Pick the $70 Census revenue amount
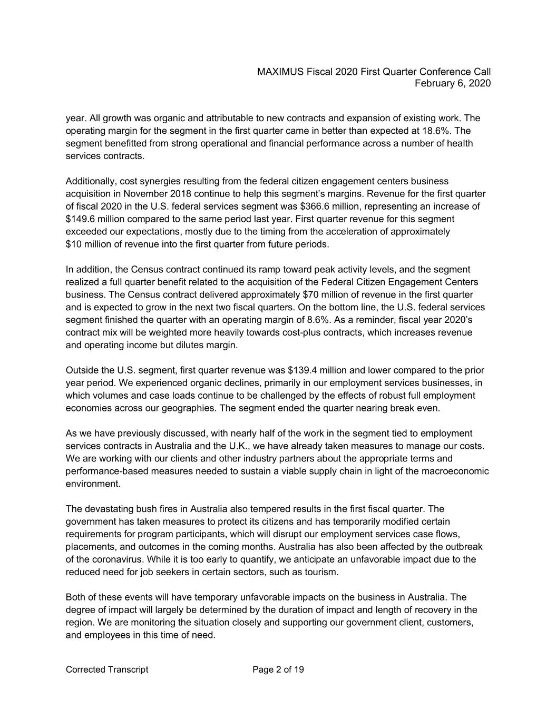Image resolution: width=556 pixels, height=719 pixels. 311,294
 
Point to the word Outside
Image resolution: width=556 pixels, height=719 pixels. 81,370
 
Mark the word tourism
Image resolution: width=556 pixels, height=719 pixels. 321,572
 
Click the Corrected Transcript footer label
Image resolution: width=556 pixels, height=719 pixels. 107,669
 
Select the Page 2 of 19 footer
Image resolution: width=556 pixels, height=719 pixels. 278,669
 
